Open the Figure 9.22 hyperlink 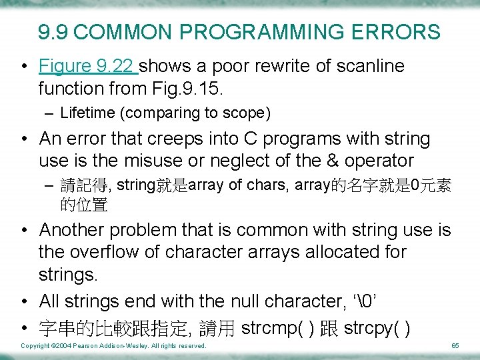87,66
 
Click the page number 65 455,346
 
